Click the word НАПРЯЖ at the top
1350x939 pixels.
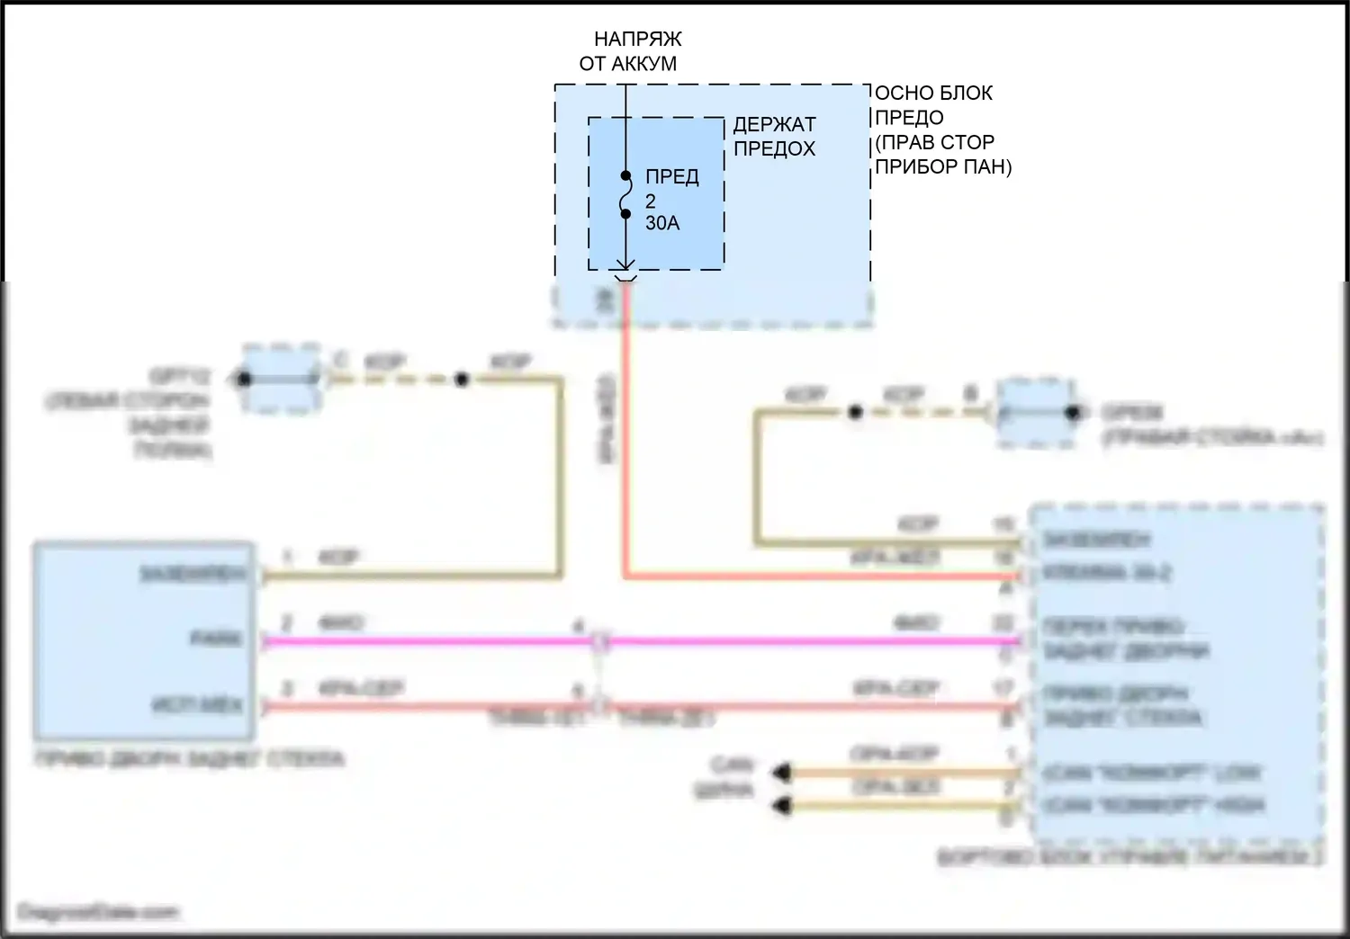tap(637, 40)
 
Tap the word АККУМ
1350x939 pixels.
tap(643, 64)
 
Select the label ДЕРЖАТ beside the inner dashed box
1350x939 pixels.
tap(774, 125)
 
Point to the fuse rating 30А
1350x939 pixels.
tap(662, 223)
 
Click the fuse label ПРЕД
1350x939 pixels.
tap(671, 177)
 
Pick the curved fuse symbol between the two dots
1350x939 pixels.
tap(625, 194)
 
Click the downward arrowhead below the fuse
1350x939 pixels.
tap(625, 265)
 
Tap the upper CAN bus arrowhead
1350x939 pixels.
tap(781, 772)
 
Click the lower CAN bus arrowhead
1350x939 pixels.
tap(781, 806)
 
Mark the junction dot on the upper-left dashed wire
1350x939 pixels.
tap(461, 380)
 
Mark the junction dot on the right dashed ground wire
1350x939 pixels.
tap(855, 413)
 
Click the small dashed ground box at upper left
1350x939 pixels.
tap(281, 379)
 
